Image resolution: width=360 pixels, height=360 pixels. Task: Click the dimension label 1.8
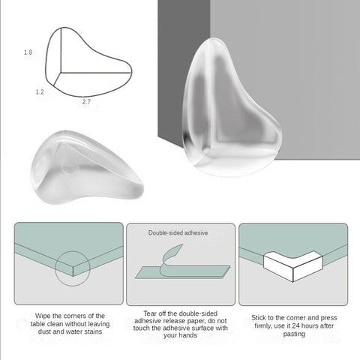pos(28,52)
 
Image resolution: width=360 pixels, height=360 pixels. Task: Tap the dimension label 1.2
pos(39,91)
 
